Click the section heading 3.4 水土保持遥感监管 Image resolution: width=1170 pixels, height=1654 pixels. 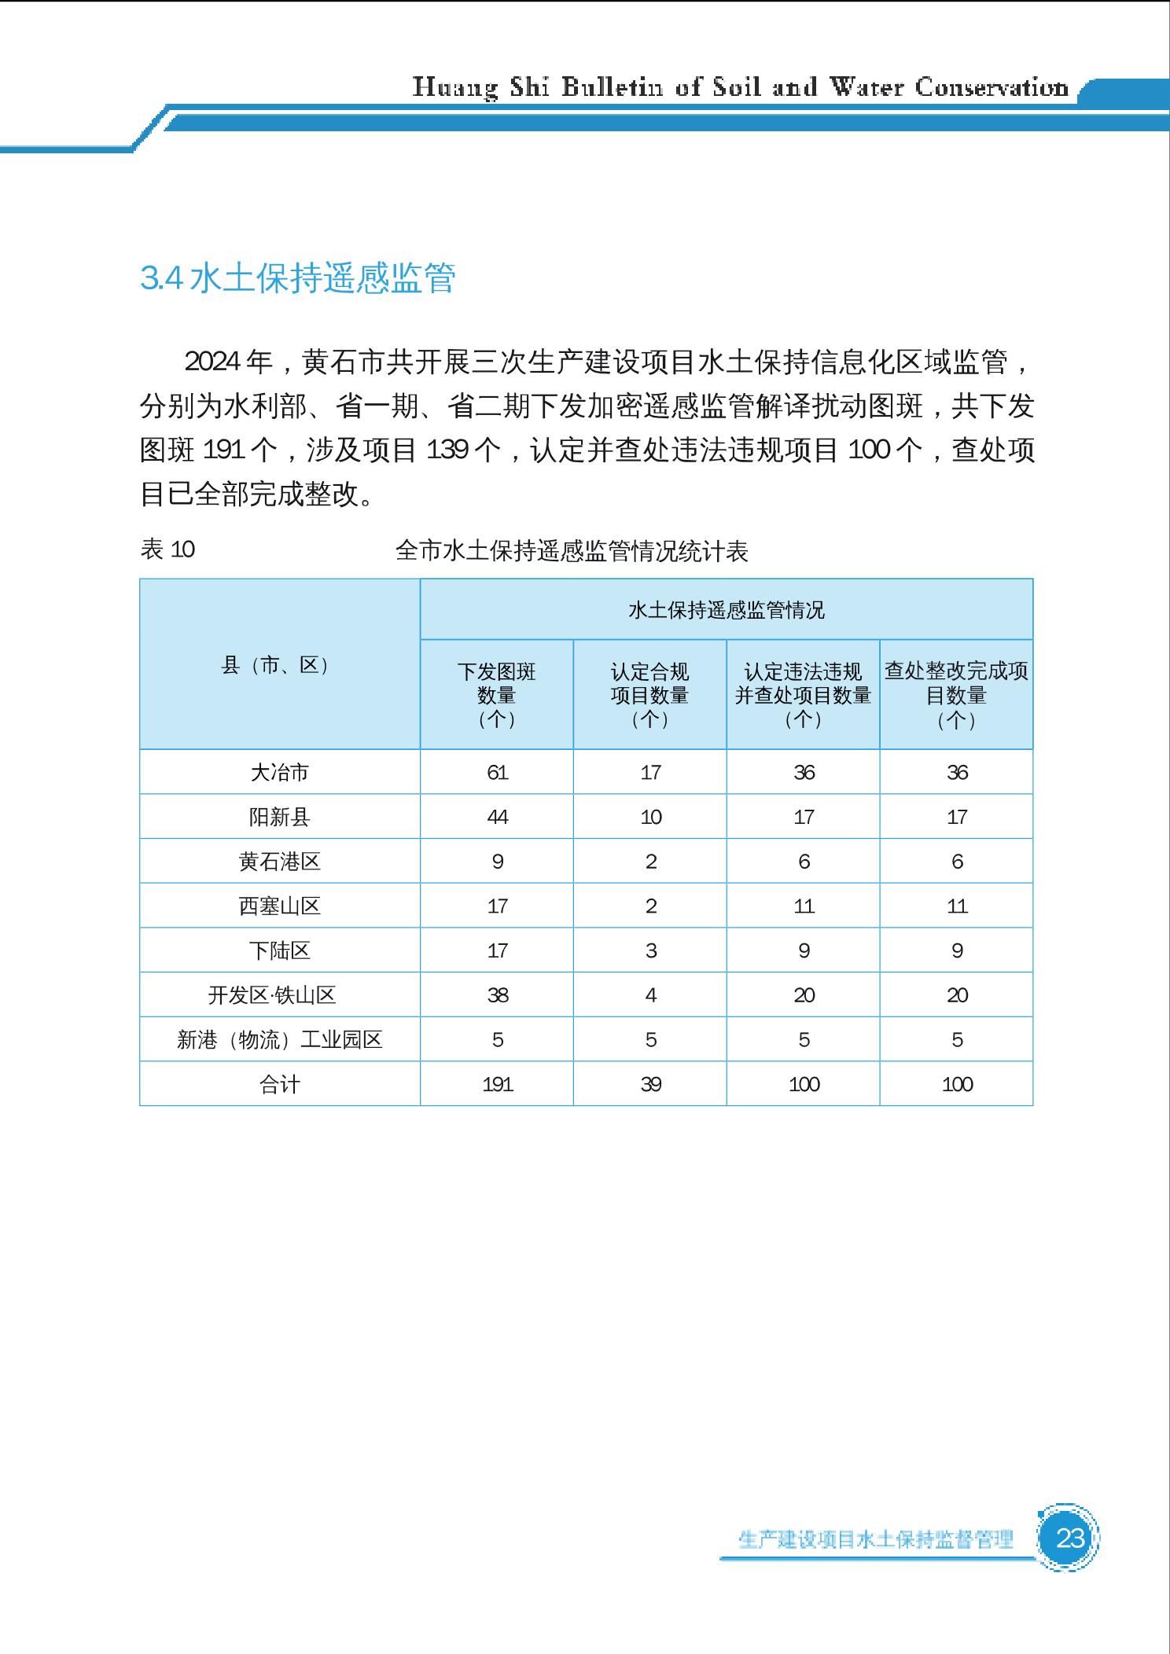tap(297, 278)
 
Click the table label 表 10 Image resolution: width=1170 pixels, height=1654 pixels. tap(167, 549)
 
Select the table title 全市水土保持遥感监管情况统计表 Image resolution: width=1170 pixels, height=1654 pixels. tap(572, 551)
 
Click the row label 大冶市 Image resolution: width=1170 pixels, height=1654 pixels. tap(279, 772)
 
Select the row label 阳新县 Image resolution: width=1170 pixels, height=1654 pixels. tap(279, 817)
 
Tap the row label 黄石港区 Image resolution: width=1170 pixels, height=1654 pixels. tap(279, 862)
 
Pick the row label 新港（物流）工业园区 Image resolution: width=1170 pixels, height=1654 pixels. tap(279, 1040)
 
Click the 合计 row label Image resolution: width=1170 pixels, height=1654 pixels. tap(279, 1085)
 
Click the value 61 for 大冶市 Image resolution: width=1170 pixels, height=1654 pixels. tap(497, 772)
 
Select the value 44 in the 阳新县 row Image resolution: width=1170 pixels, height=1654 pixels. tap(497, 817)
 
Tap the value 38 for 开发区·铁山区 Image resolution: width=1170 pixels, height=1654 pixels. tap(497, 995)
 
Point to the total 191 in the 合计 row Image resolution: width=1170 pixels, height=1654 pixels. tap(497, 1085)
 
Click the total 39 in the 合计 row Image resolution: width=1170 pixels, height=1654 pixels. tap(650, 1085)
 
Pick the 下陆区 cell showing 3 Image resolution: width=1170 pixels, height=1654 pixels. tap(650, 950)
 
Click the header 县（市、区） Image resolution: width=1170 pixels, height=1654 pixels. tap(279, 665)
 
